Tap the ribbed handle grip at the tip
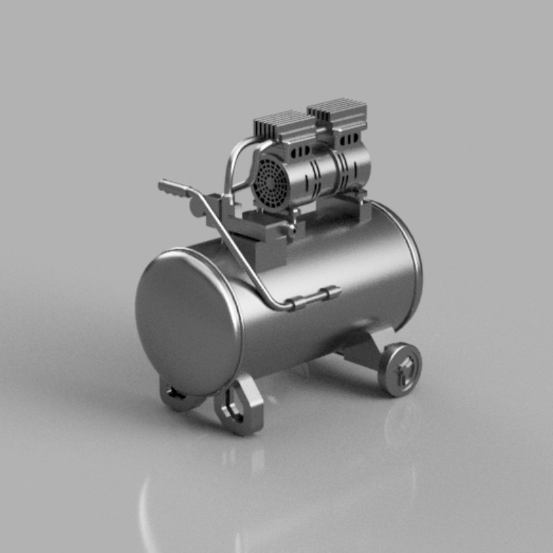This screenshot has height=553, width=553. pyautogui.click(x=174, y=189)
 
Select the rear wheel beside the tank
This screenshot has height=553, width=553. pyautogui.click(x=400, y=369)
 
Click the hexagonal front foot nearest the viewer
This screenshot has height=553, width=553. pyautogui.click(x=240, y=408)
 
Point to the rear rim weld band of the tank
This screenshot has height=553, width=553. pyautogui.click(x=412, y=268)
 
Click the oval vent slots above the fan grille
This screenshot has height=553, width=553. pyautogui.click(x=299, y=151)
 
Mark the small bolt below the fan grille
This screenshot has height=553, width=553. pyautogui.click(x=291, y=227)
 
